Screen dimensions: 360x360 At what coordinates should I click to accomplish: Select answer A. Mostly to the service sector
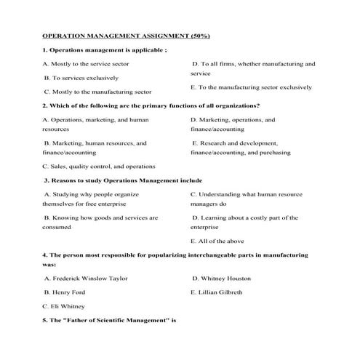click(x=86, y=64)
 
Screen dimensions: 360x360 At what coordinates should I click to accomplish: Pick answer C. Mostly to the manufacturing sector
click(x=97, y=92)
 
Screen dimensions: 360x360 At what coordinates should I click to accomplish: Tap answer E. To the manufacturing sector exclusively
click(x=251, y=87)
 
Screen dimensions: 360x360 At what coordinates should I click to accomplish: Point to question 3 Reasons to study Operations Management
click(x=123, y=180)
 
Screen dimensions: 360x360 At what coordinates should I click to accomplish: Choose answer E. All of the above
click(x=217, y=241)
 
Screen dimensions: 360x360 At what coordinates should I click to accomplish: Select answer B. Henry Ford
click(x=70, y=292)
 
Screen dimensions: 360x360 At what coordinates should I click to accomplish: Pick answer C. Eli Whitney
click(x=68, y=306)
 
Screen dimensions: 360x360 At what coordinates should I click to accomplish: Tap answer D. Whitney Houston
click(x=221, y=279)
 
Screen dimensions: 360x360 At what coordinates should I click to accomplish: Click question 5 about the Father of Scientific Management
click(x=110, y=320)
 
